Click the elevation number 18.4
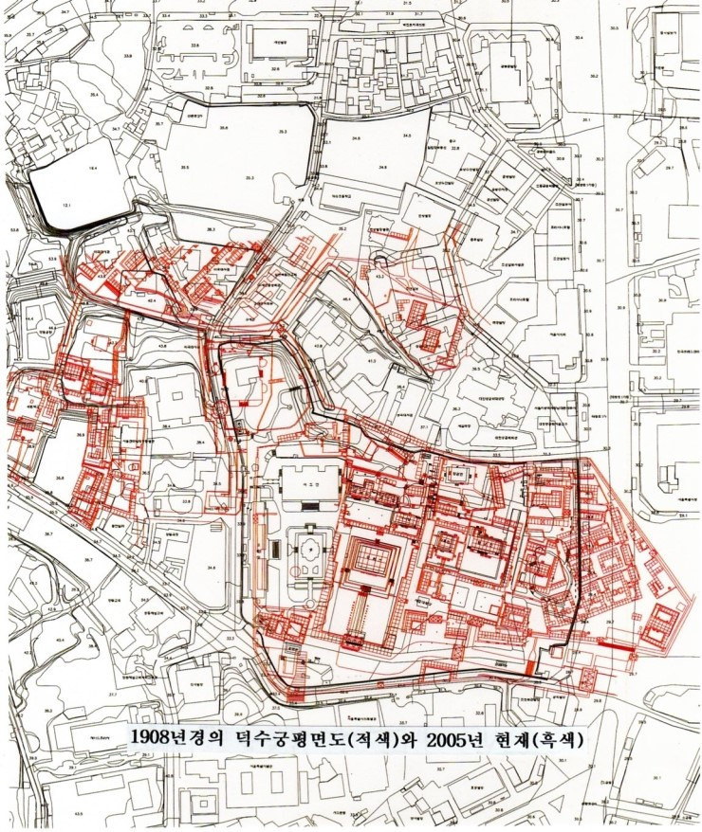point(93,167)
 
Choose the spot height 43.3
point(379,276)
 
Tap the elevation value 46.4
point(346,299)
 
